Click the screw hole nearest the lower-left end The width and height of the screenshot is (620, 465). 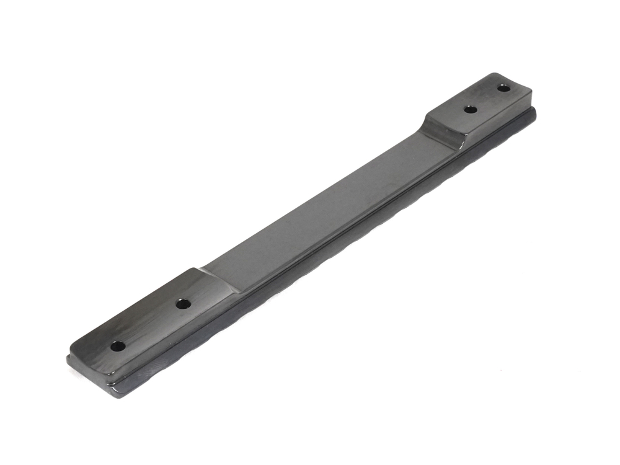(x=117, y=346)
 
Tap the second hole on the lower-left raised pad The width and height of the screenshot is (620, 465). (x=182, y=304)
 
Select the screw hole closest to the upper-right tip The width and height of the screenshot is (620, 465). (x=504, y=88)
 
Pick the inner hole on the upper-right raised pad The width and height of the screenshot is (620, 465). (x=471, y=109)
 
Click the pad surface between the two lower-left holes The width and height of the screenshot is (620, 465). (x=149, y=325)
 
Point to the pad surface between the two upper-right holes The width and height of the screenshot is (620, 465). (x=487, y=99)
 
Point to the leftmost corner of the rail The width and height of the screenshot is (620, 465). (x=67, y=358)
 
